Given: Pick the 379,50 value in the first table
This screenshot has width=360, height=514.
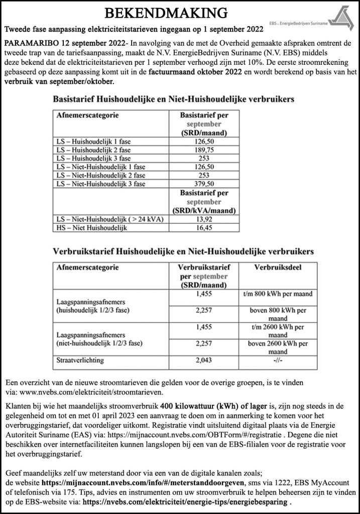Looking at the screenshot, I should click(204, 184).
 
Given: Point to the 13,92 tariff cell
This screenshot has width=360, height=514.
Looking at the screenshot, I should click(204, 220).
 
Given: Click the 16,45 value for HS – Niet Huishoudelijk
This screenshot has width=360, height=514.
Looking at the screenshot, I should click(204, 228).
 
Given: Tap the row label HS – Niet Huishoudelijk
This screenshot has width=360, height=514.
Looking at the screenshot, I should click(85, 228).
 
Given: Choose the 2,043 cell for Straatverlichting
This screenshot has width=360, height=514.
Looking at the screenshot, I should click(204, 361).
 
